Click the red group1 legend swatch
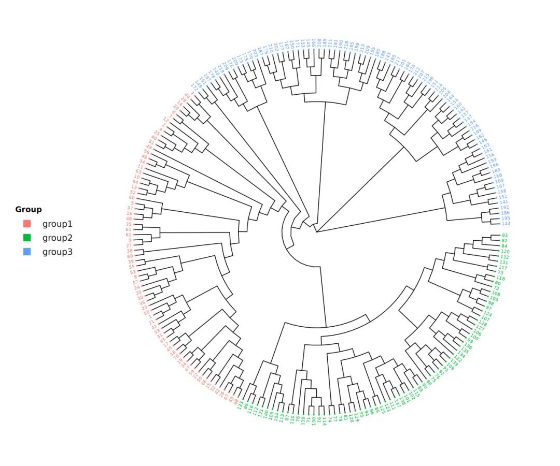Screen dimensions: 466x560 pyautogui.click(x=27, y=224)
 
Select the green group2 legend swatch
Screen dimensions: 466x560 pyautogui.click(x=27, y=238)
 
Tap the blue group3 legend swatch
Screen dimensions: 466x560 pyautogui.click(x=27, y=252)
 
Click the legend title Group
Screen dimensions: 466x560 pyautogui.click(x=29, y=210)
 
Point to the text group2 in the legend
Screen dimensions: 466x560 pyautogui.click(x=57, y=238)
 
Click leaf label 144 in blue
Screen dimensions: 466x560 pyautogui.click(x=506, y=224)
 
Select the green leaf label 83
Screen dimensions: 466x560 pyautogui.click(x=505, y=236)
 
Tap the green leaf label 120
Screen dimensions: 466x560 pyautogui.click(x=505, y=252)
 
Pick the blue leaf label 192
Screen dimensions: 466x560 pyautogui.click(x=505, y=208)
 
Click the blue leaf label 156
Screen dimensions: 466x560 pyautogui.click(x=490, y=155)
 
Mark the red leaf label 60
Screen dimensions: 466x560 pyautogui.click(x=132, y=198)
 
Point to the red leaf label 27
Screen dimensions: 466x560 pyautogui.click(x=130, y=245)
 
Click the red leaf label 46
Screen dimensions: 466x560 pyautogui.click(x=129, y=219)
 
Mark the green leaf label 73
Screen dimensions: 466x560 pyautogui.click(x=500, y=272)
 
